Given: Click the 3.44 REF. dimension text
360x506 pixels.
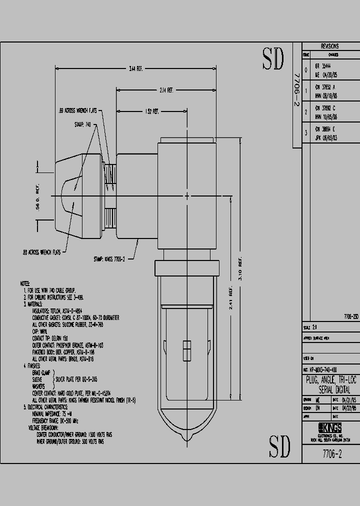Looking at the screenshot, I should tap(136, 68).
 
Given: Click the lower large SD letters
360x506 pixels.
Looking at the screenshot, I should tap(279, 446).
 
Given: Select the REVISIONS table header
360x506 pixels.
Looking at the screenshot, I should tap(330, 46).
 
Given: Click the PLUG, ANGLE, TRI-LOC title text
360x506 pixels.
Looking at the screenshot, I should tap(330, 380).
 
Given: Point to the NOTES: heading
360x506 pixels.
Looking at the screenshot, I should tap(25, 283).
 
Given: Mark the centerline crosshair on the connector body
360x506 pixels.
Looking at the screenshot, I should tap(187, 195).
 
